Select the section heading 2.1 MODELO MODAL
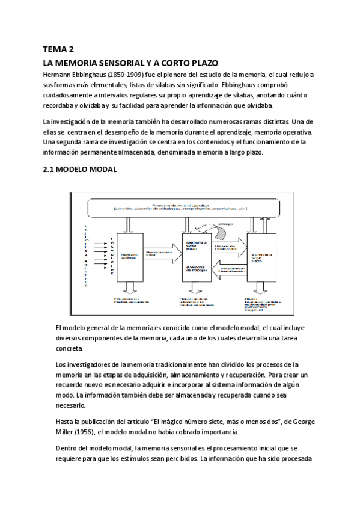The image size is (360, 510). pos(79,170)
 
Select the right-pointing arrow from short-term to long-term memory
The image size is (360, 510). pos(223,244)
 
